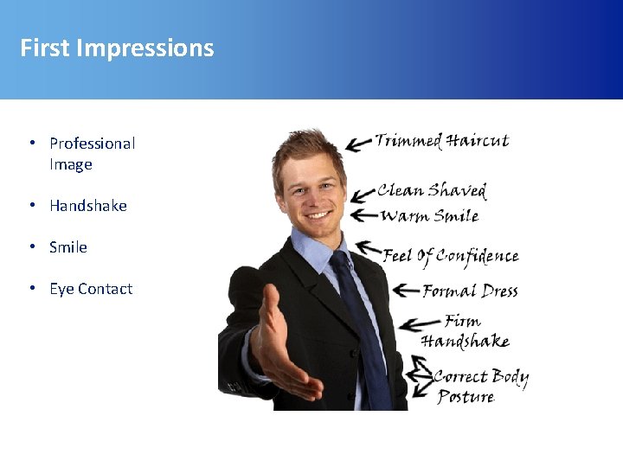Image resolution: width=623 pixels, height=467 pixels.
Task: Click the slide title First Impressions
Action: pyautogui.click(x=117, y=48)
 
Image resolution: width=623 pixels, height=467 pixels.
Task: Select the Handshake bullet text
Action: pyautogui.click(x=87, y=206)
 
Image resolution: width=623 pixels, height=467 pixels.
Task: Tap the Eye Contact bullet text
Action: pyautogui.click(x=91, y=289)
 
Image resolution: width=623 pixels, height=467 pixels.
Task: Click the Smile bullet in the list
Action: pyautogui.click(x=68, y=247)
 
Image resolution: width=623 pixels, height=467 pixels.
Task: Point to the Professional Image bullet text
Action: pyautogui.click(x=92, y=153)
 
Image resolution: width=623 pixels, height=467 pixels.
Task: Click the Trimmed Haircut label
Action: pyautogui.click(x=441, y=141)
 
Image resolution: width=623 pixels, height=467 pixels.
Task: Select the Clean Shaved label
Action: pyautogui.click(x=432, y=190)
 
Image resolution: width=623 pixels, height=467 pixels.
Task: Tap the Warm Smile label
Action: pyautogui.click(x=429, y=215)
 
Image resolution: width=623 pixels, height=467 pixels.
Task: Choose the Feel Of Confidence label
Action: pyautogui.click(x=451, y=256)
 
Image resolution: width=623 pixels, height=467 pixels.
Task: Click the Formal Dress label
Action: pyautogui.click(x=470, y=291)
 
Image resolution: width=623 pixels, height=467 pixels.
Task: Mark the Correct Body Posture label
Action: pyautogui.click(x=478, y=386)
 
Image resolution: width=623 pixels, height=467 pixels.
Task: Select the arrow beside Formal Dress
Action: pyautogui.click(x=405, y=291)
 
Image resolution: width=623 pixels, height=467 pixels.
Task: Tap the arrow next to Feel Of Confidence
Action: pyautogui.click(x=369, y=251)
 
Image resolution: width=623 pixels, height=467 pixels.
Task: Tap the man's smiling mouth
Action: pyautogui.click(x=318, y=214)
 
